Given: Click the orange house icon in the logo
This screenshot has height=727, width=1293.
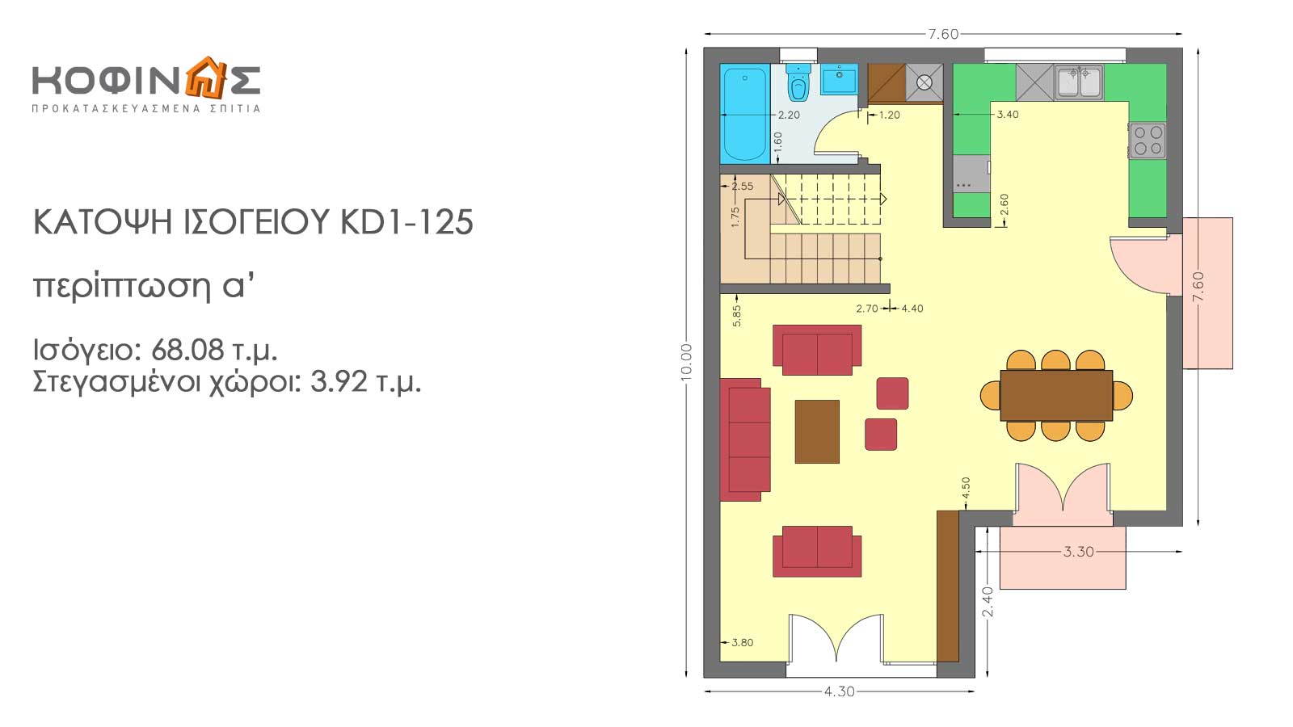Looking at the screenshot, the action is point(204,78).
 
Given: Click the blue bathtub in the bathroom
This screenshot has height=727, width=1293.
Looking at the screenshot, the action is point(745,114).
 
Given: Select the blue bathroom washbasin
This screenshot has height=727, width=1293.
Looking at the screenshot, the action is point(840,79).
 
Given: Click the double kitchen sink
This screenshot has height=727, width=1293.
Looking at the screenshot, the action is point(1079,82).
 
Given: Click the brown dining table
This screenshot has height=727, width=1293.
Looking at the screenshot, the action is point(1056,396).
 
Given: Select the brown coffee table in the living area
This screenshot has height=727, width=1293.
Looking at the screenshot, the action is point(817,431).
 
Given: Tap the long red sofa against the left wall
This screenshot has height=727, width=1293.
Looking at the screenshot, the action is point(745,439).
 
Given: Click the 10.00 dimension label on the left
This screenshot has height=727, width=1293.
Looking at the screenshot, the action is point(686,363).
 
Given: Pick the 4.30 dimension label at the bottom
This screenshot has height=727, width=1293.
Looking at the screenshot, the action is point(840,691).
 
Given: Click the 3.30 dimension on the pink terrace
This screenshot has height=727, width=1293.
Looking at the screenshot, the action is point(1078,552).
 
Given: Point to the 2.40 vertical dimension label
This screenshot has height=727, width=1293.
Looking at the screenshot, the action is point(988,602).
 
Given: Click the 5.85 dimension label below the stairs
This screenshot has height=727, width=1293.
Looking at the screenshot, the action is point(736,316).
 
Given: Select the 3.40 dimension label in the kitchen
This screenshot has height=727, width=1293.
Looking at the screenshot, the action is point(1008,114).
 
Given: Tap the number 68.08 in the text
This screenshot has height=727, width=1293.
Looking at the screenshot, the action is point(187,350).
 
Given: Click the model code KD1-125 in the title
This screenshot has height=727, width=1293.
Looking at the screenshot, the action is point(407,222).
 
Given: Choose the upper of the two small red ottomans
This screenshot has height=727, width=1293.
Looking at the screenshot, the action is point(892,393).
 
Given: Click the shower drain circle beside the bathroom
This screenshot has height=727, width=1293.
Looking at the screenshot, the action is point(924,83).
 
